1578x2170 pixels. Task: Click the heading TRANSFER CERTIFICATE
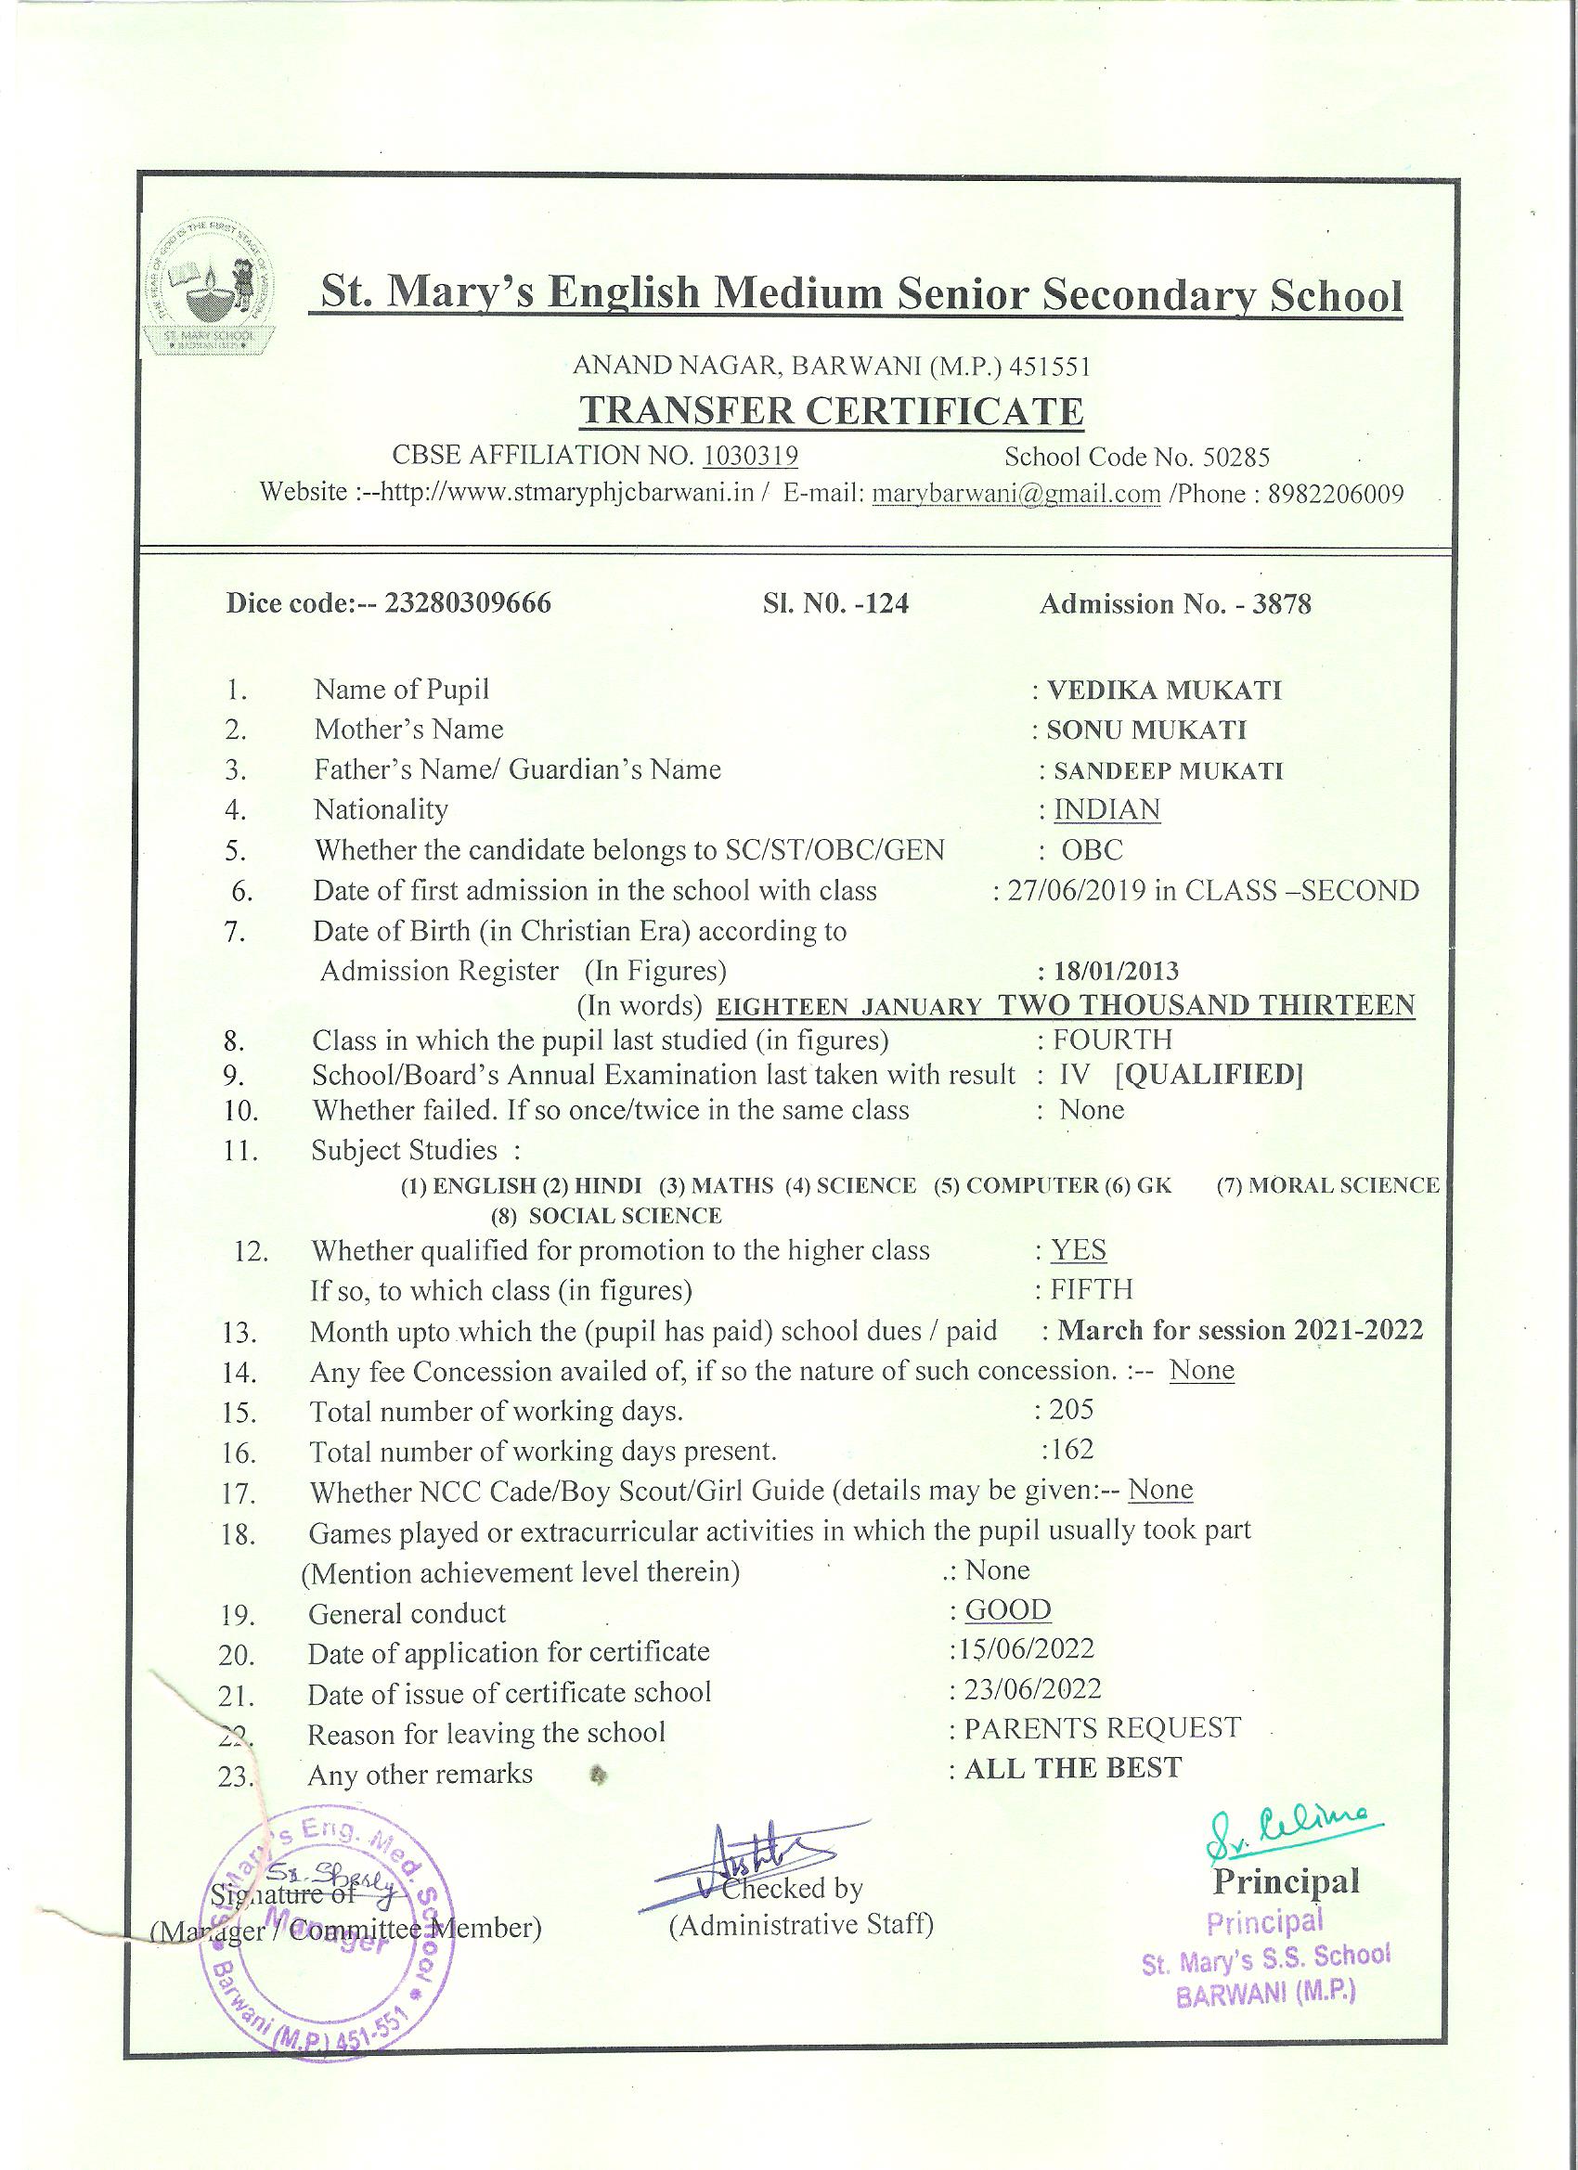coord(832,410)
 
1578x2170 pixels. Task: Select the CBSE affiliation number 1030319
coord(750,456)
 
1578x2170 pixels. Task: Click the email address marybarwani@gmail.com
coord(1016,494)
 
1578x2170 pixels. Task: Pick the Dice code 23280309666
coord(467,603)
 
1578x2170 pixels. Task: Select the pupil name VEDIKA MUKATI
coord(1164,690)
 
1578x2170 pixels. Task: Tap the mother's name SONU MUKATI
coord(1146,730)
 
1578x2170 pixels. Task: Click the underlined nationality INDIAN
coord(1106,809)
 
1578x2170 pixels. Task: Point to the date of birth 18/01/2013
coord(1116,971)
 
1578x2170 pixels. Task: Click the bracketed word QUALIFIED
coord(1209,1075)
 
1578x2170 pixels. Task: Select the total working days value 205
coord(1071,1408)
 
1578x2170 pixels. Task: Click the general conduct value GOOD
coord(1008,1609)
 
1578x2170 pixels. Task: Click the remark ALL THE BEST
coord(1073,1767)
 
